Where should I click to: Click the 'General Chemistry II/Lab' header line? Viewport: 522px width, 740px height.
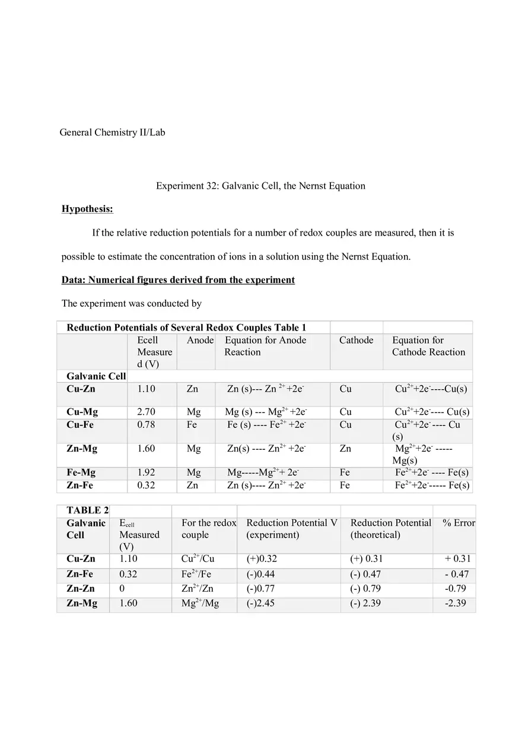[x=112, y=132]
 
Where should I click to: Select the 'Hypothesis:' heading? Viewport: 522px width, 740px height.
[x=87, y=209]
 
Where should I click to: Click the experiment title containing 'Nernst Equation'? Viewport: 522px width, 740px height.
[x=260, y=186]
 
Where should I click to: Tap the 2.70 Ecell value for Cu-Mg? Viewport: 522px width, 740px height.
[x=147, y=412]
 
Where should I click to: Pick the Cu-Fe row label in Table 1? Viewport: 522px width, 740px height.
[x=80, y=425]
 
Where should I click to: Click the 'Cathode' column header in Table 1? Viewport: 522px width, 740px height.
[x=356, y=340]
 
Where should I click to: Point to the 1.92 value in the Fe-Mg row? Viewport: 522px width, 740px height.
[x=147, y=473]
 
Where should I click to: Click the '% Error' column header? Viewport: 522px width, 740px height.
[x=459, y=523]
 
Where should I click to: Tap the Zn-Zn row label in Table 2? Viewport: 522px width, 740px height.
[x=81, y=589]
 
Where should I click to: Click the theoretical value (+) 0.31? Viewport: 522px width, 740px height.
[x=367, y=559]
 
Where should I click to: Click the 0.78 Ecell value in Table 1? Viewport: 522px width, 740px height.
[x=147, y=425]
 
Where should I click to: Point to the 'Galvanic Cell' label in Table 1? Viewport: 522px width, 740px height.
[x=96, y=376]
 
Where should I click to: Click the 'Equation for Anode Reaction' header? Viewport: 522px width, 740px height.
[x=265, y=346]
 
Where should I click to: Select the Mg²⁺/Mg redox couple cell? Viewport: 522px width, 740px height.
[x=200, y=604]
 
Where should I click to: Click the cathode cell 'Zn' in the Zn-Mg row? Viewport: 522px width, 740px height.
[x=345, y=449]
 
